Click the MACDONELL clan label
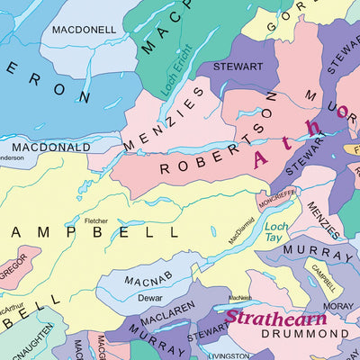point(84,30)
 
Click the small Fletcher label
point(95,220)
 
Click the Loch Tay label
point(277,233)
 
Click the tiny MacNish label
point(239,298)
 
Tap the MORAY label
point(337,306)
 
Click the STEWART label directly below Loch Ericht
point(238,67)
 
